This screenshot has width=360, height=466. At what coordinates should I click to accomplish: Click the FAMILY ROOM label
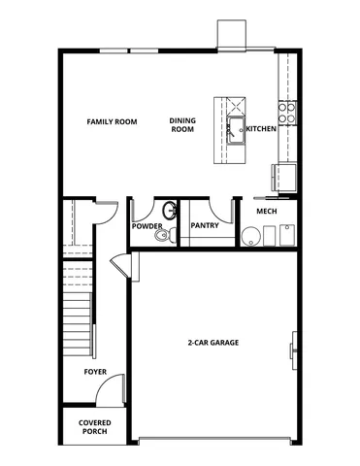[112, 121]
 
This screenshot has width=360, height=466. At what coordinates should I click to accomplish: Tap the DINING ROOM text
[183, 125]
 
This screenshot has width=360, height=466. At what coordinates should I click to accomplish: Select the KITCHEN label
[261, 129]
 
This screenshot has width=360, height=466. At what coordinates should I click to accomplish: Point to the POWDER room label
[147, 226]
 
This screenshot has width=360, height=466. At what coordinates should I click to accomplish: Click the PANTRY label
[204, 226]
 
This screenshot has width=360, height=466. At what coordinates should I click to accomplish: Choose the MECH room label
[268, 211]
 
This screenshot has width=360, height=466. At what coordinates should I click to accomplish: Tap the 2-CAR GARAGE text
[213, 343]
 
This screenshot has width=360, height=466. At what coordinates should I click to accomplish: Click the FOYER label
[95, 372]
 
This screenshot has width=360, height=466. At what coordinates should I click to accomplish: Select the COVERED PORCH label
[95, 427]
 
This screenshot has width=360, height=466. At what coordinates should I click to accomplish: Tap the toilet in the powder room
[161, 234]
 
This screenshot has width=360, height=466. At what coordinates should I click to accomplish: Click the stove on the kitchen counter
[287, 106]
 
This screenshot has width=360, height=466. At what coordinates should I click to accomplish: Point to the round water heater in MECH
[251, 236]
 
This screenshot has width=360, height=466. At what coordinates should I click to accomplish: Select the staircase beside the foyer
[76, 311]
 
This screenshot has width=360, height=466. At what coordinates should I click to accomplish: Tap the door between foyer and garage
[120, 264]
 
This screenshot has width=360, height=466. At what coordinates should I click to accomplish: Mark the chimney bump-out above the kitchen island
[231, 35]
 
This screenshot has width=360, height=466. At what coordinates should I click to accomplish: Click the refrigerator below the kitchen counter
[284, 178]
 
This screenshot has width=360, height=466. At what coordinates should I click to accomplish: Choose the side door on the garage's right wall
[294, 347]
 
